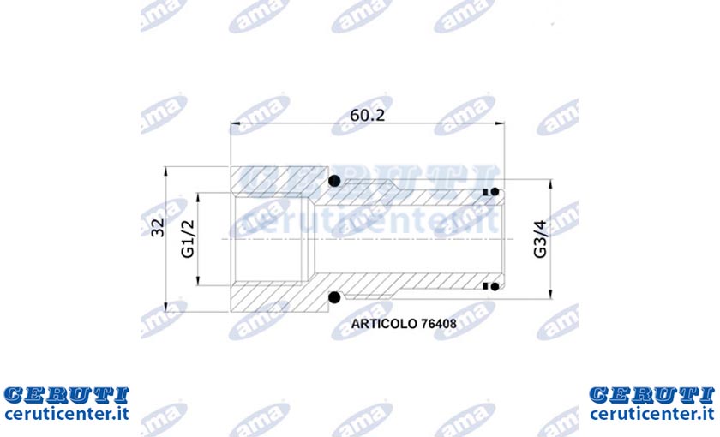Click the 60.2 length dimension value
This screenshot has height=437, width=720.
368,115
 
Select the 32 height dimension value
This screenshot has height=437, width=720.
158,228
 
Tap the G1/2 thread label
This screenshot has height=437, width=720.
189,239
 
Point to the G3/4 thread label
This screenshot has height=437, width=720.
541,239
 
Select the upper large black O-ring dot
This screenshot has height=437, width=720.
335,181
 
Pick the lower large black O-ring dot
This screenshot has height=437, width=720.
335,297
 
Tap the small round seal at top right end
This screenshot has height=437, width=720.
495,192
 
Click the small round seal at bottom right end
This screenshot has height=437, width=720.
495,287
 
